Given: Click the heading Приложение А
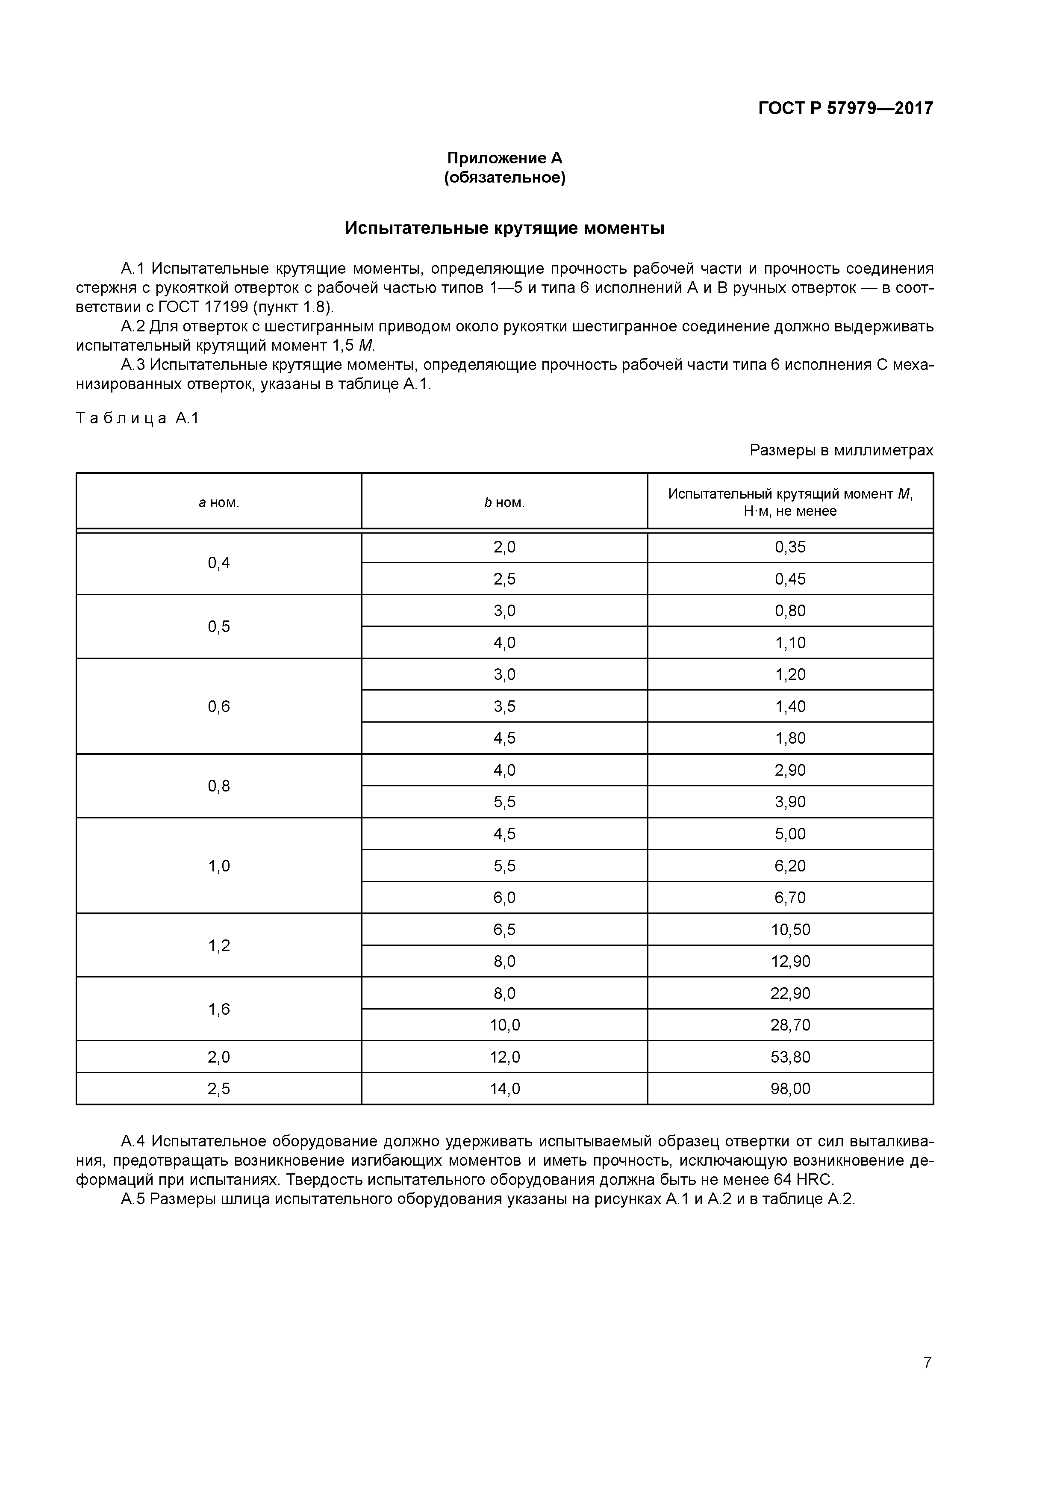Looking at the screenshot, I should point(504,158).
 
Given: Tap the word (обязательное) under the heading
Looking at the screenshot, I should point(504,178).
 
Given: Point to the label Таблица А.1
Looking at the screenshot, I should point(138,418).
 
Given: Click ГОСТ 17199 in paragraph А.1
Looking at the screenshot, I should point(204,307).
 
